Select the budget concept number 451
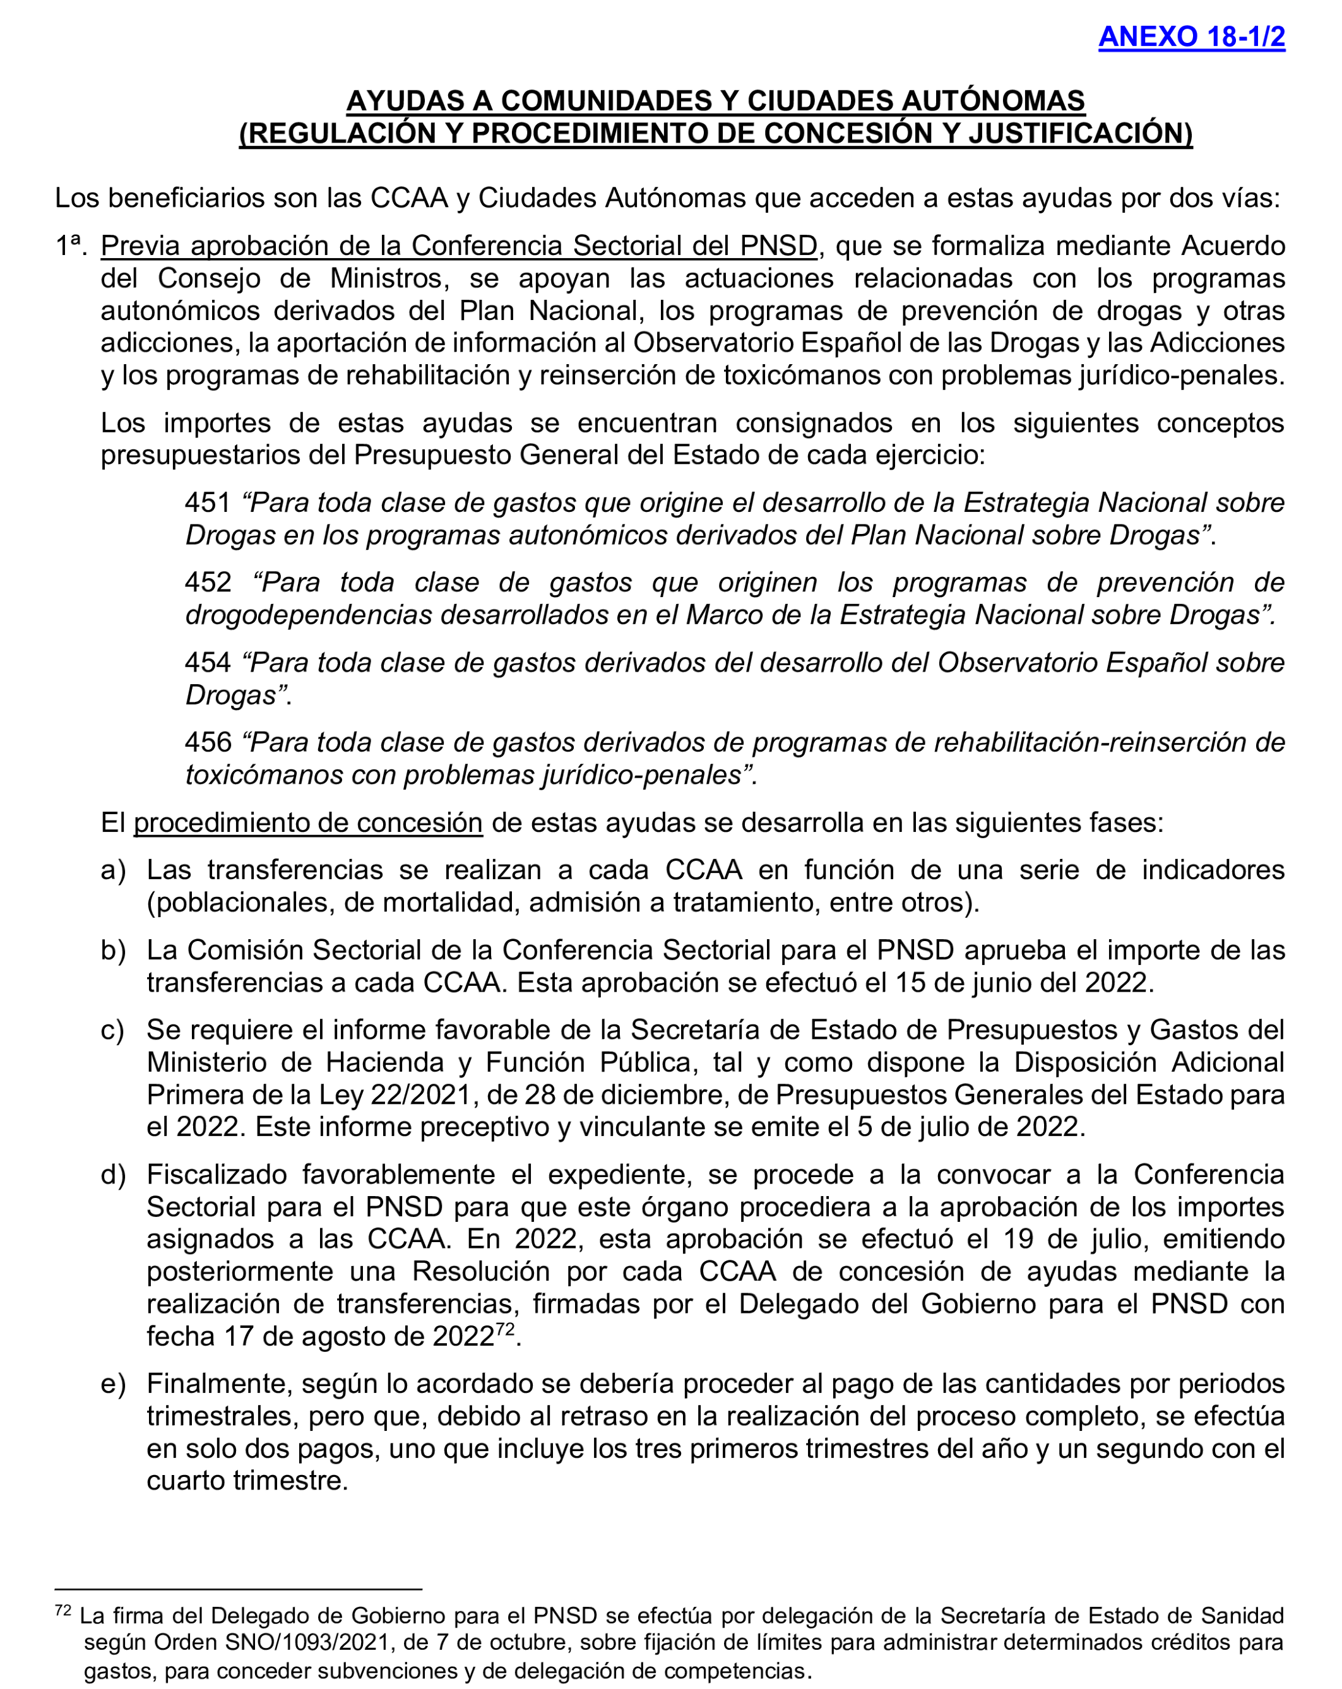click(x=208, y=503)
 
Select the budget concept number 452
click(x=208, y=583)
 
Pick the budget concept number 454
click(x=208, y=663)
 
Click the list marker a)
click(x=113, y=870)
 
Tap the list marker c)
click(x=113, y=1030)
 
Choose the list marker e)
click(x=113, y=1384)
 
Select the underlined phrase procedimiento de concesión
click(x=307, y=823)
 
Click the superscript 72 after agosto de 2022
click(x=504, y=1329)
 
